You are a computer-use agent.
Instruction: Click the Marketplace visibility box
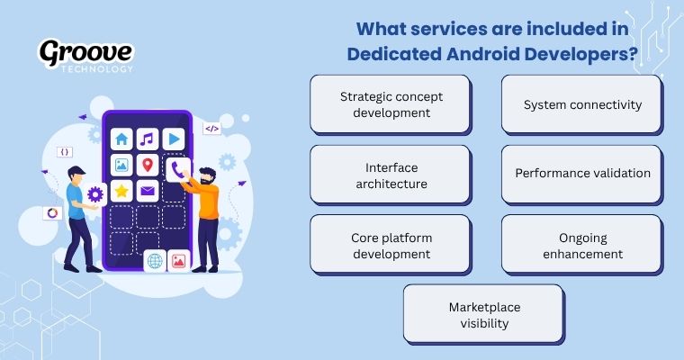tap(484, 314)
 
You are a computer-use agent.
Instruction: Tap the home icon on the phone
tap(121, 139)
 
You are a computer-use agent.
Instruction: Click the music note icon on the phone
tap(148, 139)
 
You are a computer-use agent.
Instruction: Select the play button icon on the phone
tap(173, 139)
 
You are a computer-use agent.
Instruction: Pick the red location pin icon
tap(148, 166)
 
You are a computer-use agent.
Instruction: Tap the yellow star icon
tap(121, 191)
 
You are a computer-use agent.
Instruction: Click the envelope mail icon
tap(148, 191)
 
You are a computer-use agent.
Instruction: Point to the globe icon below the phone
tap(155, 261)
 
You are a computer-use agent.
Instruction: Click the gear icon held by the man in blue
tap(96, 194)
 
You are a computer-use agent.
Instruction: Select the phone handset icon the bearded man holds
tap(176, 168)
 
